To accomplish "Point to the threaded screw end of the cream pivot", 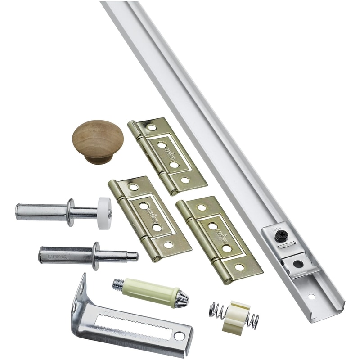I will tap(118, 283).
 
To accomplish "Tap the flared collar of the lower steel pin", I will tap(95, 255).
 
